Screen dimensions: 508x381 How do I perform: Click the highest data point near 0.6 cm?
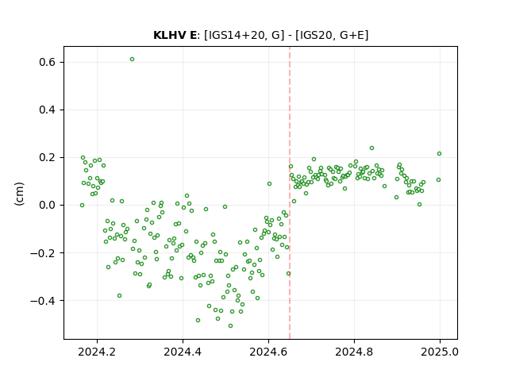(x=133, y=60)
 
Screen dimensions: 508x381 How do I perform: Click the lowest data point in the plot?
(x=230, y=326)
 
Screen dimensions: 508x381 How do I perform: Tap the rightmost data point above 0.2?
(x=439, y=153)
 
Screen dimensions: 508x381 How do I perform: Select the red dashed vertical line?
(x=290, y=193)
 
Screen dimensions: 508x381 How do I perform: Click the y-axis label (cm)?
(x=19, y=194)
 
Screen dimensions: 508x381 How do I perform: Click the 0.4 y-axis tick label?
(x=48, y=110)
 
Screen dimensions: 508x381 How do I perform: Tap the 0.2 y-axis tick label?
(x=48, y=158)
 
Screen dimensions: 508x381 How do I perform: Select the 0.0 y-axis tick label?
(x=48, y=206)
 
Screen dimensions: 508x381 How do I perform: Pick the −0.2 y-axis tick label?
(x=44, y=253)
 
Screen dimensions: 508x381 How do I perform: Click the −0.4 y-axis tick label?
(x=44, y=301)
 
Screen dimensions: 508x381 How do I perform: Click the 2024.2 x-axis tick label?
(x=97, y=352)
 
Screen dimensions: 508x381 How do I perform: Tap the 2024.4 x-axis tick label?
(x=183, y=352)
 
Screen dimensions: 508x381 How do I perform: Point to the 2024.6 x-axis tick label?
(x=268, y=352)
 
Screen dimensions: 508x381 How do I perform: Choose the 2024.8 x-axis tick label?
(x=354, y=352)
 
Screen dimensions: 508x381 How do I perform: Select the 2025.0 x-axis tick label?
(x=440, y=352)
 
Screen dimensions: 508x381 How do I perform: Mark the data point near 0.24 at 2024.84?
(x=372, y=148)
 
